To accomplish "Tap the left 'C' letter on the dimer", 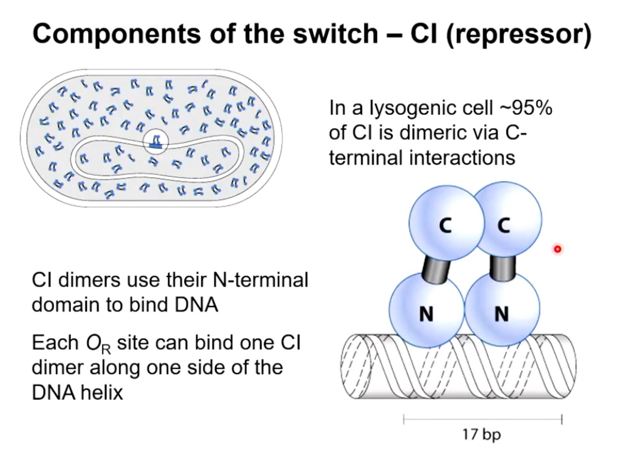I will click(445, 226).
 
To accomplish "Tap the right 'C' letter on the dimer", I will click(503, 226).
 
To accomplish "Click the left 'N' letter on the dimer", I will click(426, 313).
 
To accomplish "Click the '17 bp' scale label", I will click(481, 435).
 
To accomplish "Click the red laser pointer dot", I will click(557, 249).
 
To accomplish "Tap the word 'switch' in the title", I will click(334, 34).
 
